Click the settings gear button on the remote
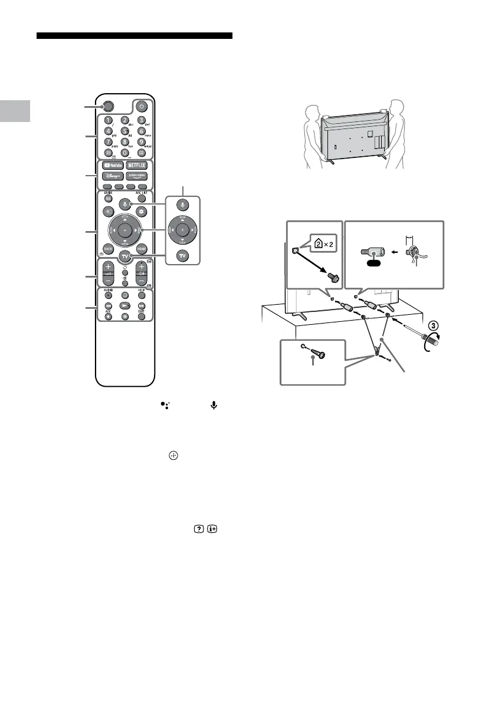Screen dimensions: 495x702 (141, 210)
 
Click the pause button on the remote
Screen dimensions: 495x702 (124, 317)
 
